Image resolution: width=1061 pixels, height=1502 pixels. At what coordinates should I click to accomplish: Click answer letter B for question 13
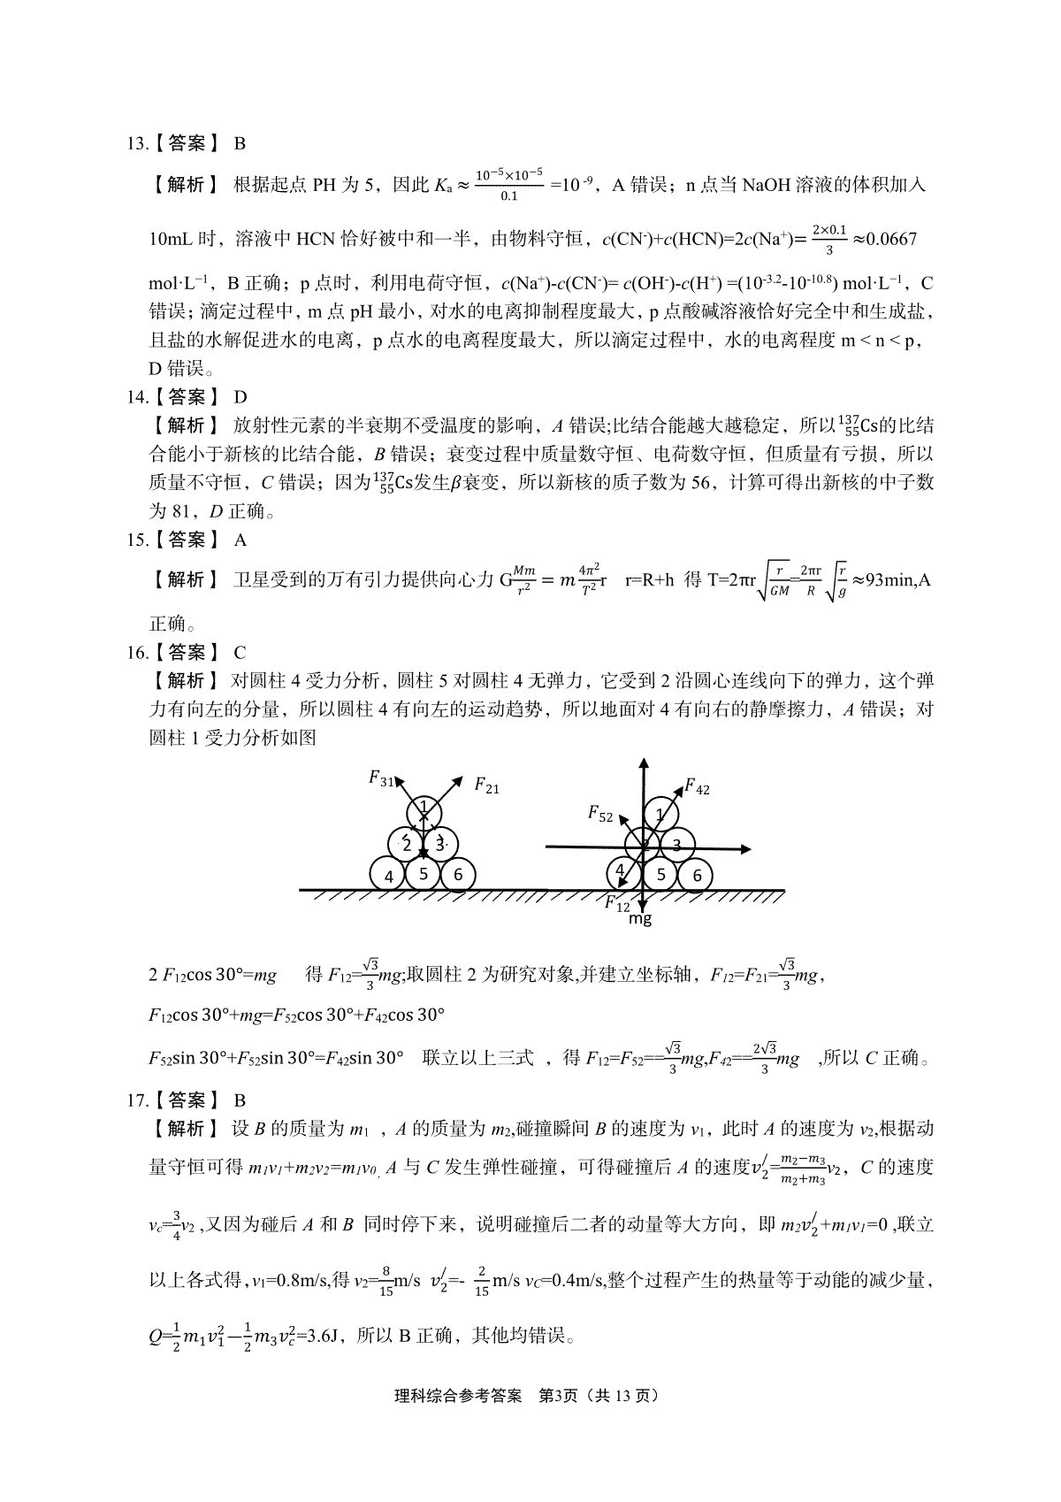[x=240, y=143]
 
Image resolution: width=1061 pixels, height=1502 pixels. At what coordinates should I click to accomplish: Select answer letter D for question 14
[x=240, y=397]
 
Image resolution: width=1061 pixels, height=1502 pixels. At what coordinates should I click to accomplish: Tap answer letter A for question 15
[x=240, y=540]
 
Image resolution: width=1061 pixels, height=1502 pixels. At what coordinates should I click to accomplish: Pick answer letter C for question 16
[x=240, y=653]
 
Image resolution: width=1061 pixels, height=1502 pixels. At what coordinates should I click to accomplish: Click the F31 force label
[x=382, y=778]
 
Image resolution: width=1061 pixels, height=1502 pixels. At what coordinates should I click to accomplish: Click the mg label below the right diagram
[x=640, y=919]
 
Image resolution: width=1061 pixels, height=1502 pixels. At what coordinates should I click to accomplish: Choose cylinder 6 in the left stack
[x=458, y=875]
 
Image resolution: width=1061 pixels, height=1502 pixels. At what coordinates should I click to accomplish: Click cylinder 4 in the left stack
[x=388, y=876]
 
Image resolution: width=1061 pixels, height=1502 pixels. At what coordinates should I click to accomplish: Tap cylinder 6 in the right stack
[x=697, y=875]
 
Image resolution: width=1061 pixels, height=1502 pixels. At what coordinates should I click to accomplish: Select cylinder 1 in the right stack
[x=660, y=814]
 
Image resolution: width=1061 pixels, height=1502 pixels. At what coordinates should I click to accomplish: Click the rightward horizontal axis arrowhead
[x=746, y=848]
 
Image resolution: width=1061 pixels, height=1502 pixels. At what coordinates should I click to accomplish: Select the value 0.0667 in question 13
[x=885, y=239]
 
